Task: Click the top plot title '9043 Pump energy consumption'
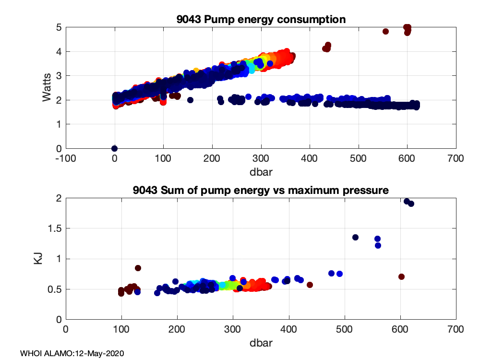click(261, 19)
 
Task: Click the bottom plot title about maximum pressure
click(261, 190)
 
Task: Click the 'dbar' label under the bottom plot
click(261, 343)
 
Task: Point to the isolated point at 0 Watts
click(114, 148)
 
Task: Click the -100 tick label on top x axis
click(66, 158)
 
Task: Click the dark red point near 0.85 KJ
click(138, 268)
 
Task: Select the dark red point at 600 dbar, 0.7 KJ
click(402, 276)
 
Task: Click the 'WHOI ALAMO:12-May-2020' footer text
click(72, 354)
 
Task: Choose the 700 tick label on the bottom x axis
click(456, 329)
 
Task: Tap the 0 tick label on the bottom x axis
click(66, 329)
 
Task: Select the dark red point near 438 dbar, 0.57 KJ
click(310, 285)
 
